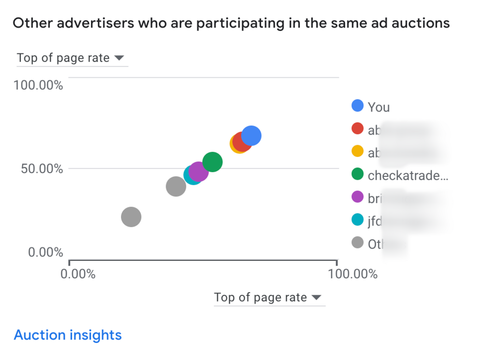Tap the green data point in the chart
pyautogui.click(x=212, y=162)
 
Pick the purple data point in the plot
pyautogui.click(x=199, y=171)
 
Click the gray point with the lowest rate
pyautogui.click(x=131, y=217)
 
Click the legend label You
pyautogui.click(x=378, y=107)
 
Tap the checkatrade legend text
pyautogui.click(x=407, y=175)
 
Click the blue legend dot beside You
pyautogui.click(x=357, y=106)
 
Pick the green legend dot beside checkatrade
pyautogui.click(x=357, y=174)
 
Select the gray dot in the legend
pyautogui.click(x=357, y=242)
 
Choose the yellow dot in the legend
pyautogui.click(x=357, y=151)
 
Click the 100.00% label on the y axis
pyautogui.click(x=38, y=86)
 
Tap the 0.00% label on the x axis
pyautogui.click(x=78, y=274)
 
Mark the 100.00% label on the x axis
pyautogui.click(x=353, y=274)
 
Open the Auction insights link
pyautogui.click(x=68, y=335)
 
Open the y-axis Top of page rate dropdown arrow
pyautogui.click(x=119, y=58)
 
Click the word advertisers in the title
pyautogui.click(x=78, y=23)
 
